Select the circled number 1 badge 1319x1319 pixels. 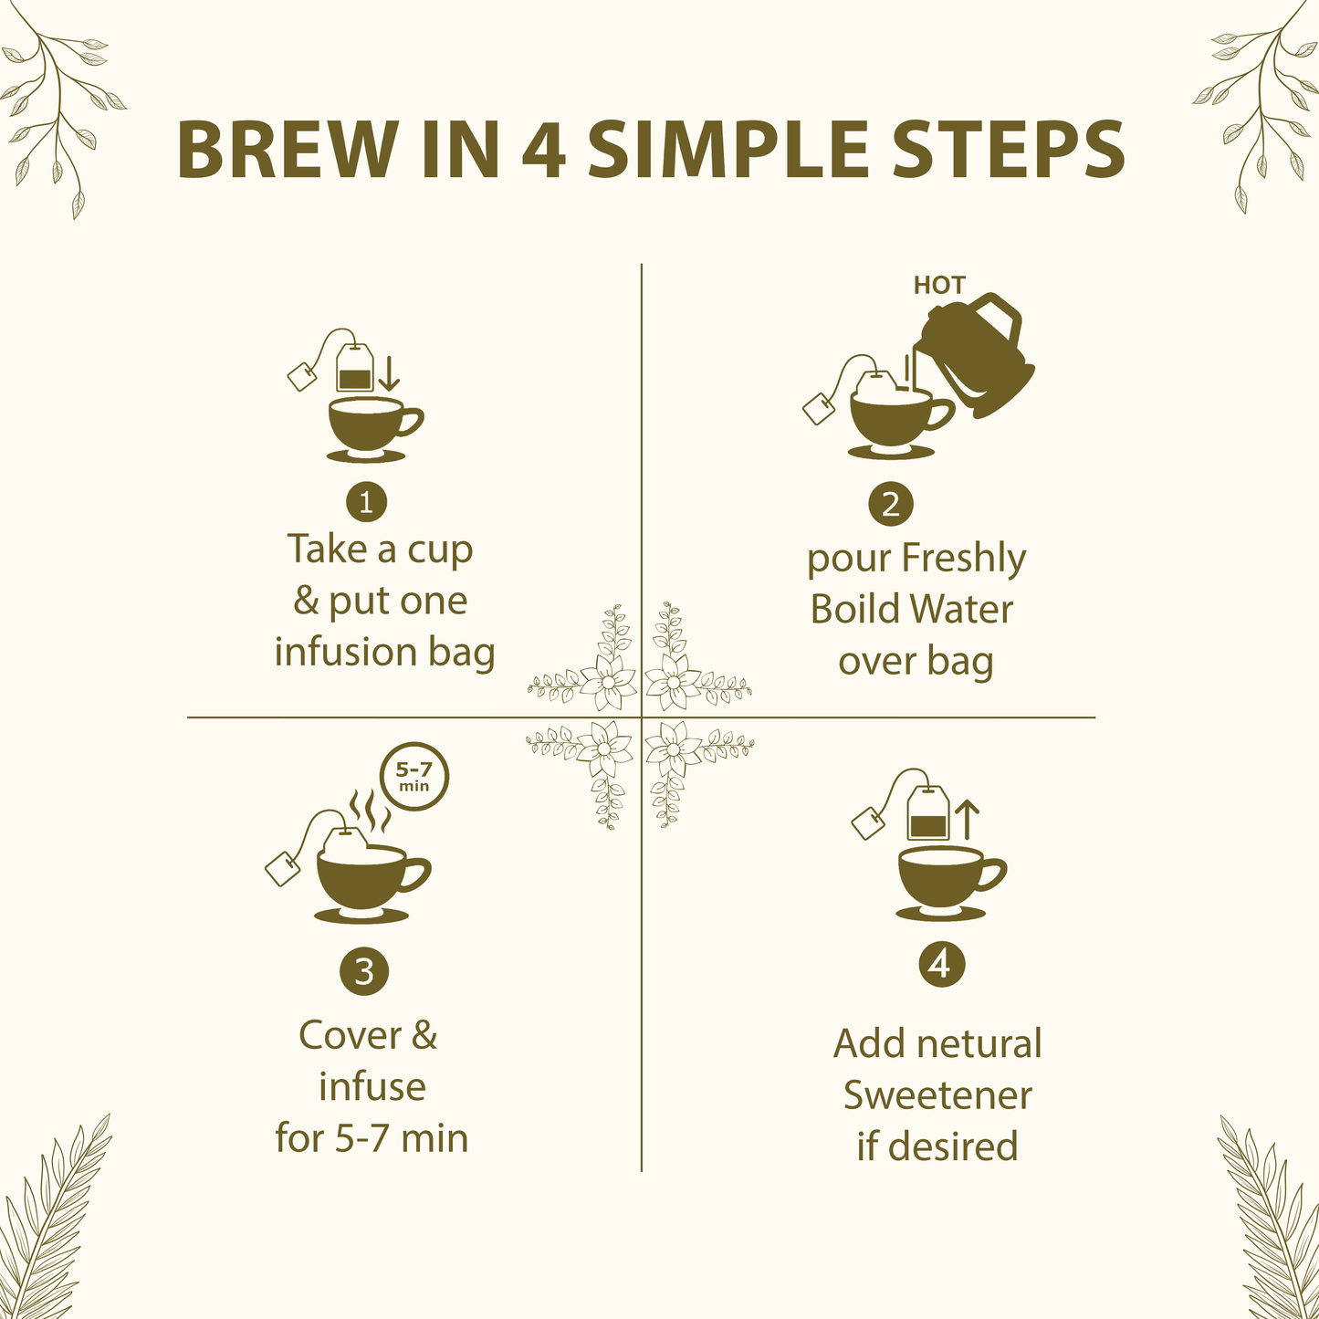click(366, 502)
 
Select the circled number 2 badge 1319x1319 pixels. click(891, 503)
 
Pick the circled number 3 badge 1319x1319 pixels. click(364, 971)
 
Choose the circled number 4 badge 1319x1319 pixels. click(941, 964)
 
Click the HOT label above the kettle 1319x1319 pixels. click(938, 286)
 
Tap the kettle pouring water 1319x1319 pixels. click(977, 351)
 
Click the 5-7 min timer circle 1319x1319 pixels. click(414, 778)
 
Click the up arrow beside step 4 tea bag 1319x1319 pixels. click(967, 819)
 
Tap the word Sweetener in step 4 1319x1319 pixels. click(937, 1095)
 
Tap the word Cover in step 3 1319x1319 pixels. click(351, 1035)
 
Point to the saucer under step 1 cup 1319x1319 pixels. click(367, 455)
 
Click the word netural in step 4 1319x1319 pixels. click(980, 1044)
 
